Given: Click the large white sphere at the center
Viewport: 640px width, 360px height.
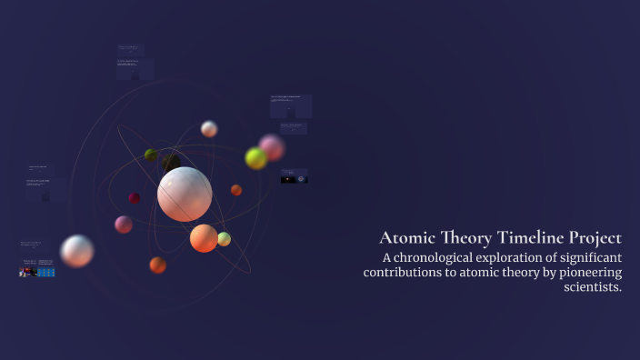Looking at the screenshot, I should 185,194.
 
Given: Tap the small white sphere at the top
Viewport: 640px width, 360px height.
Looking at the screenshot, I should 209,129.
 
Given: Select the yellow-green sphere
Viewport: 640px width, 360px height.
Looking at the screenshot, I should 256,158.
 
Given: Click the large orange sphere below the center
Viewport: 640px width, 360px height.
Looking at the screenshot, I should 204,238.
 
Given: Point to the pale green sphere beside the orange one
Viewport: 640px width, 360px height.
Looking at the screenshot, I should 224,239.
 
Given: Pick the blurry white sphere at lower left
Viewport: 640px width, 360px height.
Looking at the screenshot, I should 77,251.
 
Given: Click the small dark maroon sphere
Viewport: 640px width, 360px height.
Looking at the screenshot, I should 135,197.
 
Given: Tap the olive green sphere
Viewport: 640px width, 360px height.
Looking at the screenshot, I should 151,155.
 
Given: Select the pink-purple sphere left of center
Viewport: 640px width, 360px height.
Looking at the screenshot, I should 124,224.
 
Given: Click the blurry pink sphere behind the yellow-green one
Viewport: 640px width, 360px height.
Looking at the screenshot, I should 272,146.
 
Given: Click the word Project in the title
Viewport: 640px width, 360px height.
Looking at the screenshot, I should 590,238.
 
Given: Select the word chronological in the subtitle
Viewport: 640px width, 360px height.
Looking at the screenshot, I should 444,258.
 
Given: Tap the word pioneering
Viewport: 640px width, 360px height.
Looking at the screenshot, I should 584,273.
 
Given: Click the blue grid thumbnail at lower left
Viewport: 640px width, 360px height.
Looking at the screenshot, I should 46,272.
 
